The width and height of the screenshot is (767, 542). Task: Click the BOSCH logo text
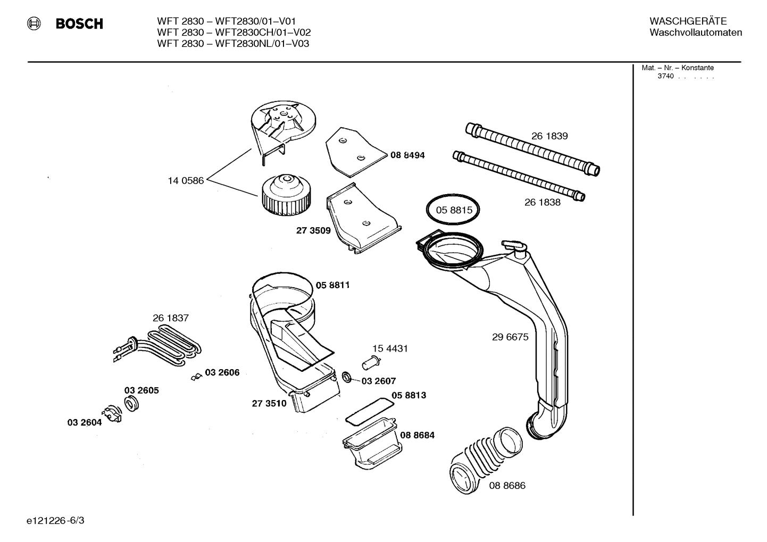point(79,24)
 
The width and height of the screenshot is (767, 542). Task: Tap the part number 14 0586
point(186,181)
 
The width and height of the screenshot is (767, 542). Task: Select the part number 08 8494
point(407,155)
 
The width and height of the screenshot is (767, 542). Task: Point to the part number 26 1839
point(549,136)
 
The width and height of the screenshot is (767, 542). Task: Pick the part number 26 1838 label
point(542,202)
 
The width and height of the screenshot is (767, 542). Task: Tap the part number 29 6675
point(510,337)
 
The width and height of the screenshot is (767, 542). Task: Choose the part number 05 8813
point(408,395)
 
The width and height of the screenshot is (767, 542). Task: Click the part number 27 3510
point(269,403)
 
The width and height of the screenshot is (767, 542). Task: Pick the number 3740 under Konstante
point(665,76)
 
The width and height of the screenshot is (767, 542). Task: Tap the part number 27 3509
point(313,230)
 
